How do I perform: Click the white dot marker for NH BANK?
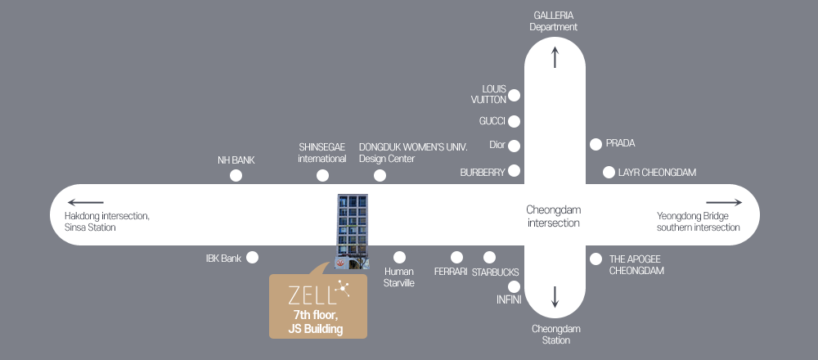point(236,175)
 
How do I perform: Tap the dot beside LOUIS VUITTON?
point(514,95)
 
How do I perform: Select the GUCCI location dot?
point(514,121)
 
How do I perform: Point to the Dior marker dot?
point(514,146)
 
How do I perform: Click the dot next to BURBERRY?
point(514,171)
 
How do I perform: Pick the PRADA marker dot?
point(596,144)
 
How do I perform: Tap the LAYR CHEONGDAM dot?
point(609,172)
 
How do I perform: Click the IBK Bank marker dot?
point(252,257)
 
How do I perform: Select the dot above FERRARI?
point(456,257)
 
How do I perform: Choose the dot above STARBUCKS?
point(489,257)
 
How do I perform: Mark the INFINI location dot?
point(514,286)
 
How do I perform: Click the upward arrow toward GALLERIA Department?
point(555,57)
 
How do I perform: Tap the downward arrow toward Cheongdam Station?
point(555,296)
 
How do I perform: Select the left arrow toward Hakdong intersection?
point(85,202)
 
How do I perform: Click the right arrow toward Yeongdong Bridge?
point(723,202)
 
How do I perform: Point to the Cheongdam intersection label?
point(554,216)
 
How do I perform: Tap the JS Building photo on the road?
point(353,232)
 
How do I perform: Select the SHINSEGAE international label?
point(322,152)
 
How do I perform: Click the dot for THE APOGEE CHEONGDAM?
point(596,259)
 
